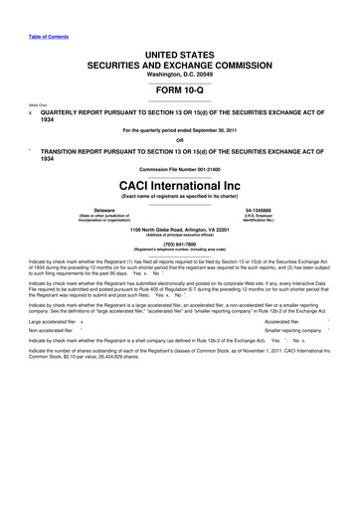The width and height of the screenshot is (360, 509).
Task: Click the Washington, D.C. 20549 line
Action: click(x=180, y=72)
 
